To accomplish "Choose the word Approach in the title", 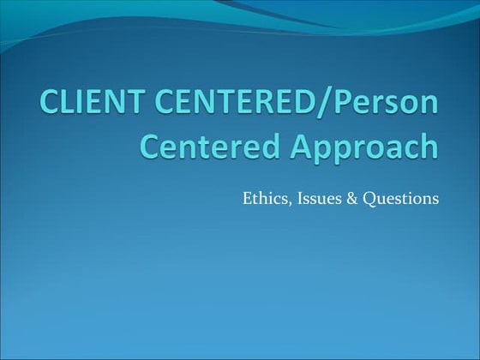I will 361,147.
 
